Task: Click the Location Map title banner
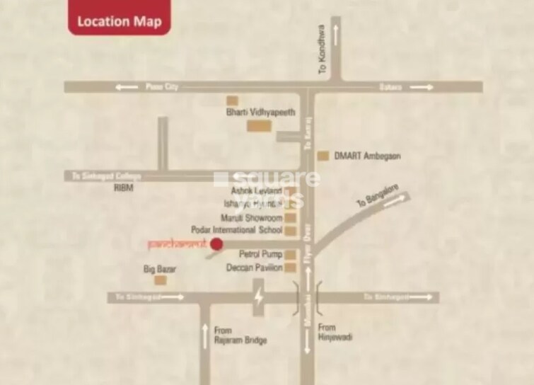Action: click(x=119, y=21)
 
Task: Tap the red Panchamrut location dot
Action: click(x=217, y=244)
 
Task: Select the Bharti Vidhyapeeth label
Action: click(x=260, y=112)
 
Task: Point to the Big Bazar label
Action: click(x=160, y=269)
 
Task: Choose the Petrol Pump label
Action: click(x=260, y=253)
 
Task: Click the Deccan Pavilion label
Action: click(x=254, y=268)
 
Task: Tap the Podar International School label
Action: click(x=237, y=230)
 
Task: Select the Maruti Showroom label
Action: click(x=251, y=217)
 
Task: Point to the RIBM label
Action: click(x=123, y=188)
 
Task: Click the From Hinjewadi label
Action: click(x=335, y=332)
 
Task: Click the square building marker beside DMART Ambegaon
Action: click(x=323, y=156)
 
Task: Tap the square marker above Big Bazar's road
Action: click(x=161, y=280)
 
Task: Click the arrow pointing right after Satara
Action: click(x=422, y=87)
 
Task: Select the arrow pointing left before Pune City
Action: click(x=128, y=87)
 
